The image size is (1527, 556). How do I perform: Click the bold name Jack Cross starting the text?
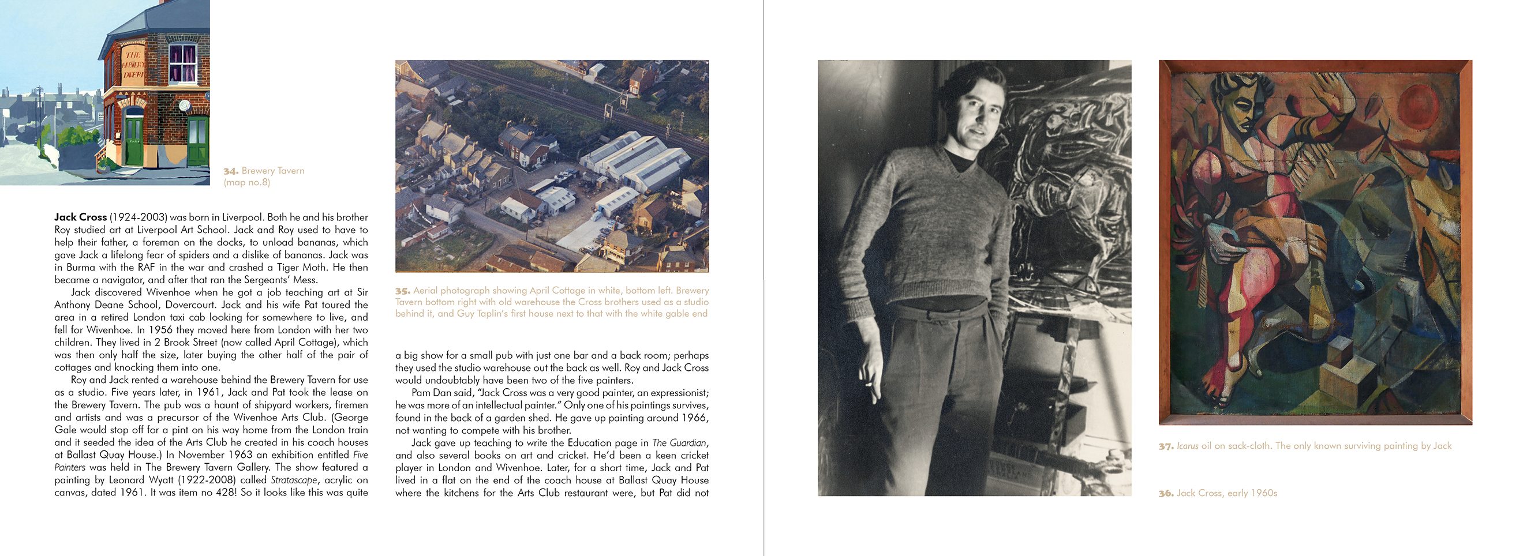pyautogui.click(x=80, y=217)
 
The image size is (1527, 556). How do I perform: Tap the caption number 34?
pyautogui.click(x=230, y=171)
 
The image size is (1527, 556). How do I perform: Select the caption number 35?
pyautogui.click(x=402, y=291)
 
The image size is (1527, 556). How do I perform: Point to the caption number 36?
pyautogui.click(x=1166, y=493)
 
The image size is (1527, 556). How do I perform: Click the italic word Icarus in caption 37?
pyautogui.click(x=1187, y=446)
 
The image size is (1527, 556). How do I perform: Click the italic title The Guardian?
pyautogui.click(x=679, y=443)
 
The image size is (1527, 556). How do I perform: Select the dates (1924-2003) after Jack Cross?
pyautogui.click(x=138, y=217)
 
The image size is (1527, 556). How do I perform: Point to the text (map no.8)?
pyautogui.click(x=246, y=183)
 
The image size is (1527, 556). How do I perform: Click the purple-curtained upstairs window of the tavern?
pyautogui.click(x=182, y=62)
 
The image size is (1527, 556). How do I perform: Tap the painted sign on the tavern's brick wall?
pyautogui.click(x=133, y=64)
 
